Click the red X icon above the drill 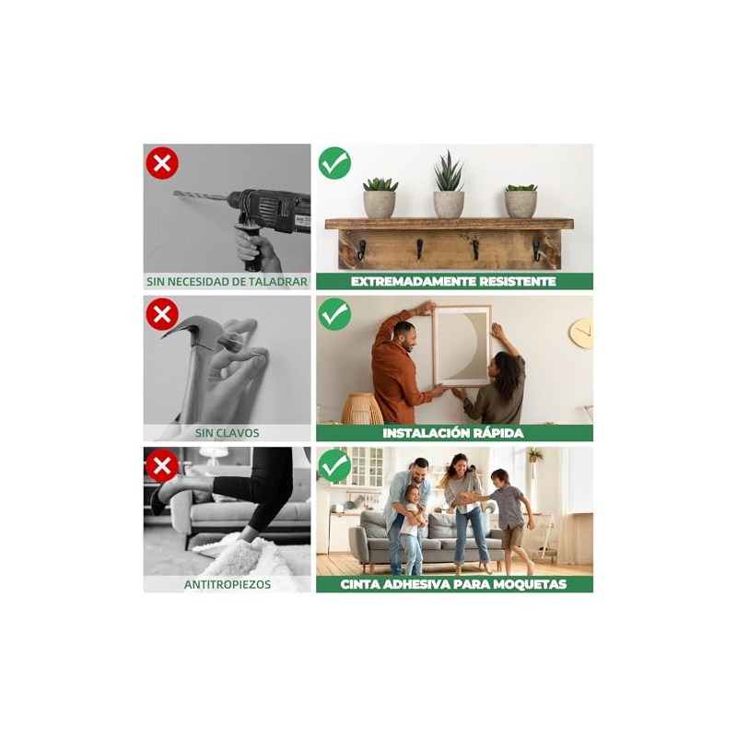click(162, 164)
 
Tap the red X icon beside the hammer click(162, 314)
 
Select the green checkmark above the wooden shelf click(334, 163)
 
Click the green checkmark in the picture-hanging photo click(334, 314)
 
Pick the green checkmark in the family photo click(334, 465)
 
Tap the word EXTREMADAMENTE click(408, 282)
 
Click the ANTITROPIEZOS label click(228, 584)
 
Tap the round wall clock click(581, 333)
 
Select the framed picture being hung click(462, 345)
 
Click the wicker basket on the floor click(362, 408)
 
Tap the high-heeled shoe click(167, 494)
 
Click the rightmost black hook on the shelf click(536, 250)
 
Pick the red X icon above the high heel click(162, 465)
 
